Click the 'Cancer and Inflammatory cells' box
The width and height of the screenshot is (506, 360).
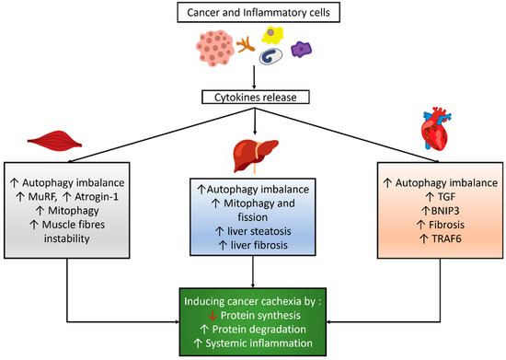pos(253,12)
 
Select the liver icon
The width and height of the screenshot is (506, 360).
pos(254,150)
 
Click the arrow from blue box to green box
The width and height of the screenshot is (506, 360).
pos(253,271)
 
